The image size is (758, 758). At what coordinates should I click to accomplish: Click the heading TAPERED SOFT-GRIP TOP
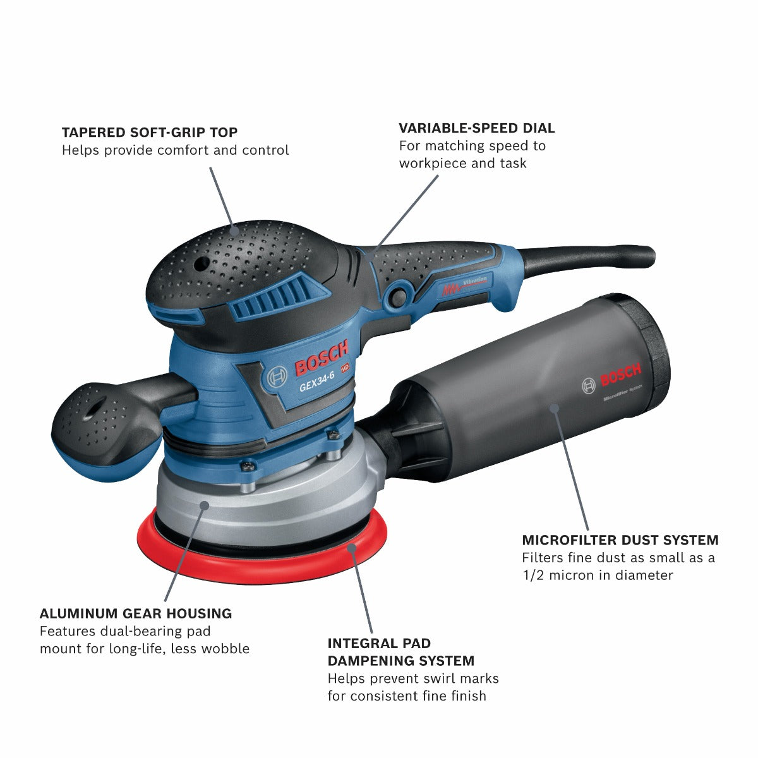(150, 133)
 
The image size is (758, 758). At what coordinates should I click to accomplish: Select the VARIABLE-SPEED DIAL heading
(476, 128)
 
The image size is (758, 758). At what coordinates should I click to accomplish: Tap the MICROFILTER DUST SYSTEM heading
(620, 540)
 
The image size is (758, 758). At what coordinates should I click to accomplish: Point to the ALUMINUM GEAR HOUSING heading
(136, 613)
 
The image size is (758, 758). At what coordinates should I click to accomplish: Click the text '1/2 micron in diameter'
(597, 575)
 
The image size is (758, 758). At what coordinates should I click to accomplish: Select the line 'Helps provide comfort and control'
(175, 150)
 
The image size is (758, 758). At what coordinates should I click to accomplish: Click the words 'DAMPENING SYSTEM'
(400, 661)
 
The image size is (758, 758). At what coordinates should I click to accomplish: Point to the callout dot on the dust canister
(554, 407)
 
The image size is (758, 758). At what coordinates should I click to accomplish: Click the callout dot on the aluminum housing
(204, 504)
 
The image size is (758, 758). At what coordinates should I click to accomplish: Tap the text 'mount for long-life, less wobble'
(144, 649)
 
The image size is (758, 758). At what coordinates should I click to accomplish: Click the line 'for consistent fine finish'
(406, 696)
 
